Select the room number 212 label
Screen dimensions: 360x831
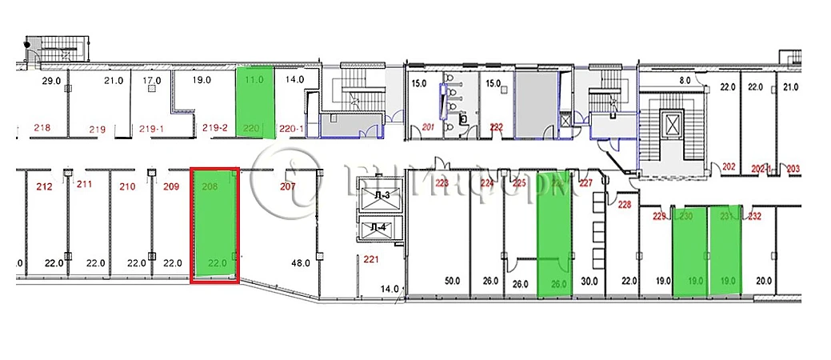pos(44,188)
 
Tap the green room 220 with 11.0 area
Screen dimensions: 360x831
pos(255,102)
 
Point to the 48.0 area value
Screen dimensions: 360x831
pos(301,262)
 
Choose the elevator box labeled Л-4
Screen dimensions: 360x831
pos(380,228)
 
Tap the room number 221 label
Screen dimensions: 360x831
pos(370,259)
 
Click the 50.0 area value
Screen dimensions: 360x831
pos(453,282)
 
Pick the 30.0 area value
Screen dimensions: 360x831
pos(589,282)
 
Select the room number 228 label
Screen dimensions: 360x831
pos(625,206)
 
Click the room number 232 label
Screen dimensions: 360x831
pos(755,214)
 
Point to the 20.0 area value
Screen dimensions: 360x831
pos(764,281)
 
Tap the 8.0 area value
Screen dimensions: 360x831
pos(685,80)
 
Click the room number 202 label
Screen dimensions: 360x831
pos(728,167)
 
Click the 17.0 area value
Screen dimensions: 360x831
pos(152,80)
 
